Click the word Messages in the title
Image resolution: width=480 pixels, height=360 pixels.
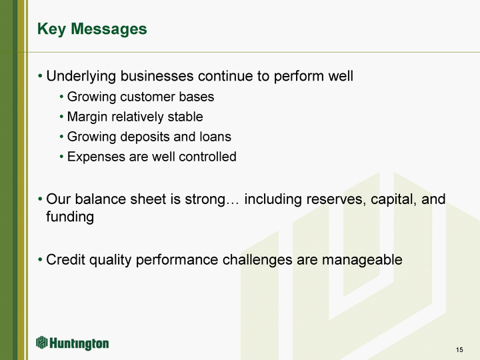point(109,29)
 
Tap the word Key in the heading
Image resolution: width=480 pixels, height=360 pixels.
point(51,30)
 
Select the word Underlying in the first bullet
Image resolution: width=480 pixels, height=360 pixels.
point(81,77)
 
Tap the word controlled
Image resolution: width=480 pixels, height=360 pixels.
point(207,157)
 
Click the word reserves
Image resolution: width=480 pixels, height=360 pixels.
point(336,199)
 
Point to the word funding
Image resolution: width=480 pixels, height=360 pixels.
point(70,217)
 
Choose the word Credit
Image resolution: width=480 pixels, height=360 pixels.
point(65,259)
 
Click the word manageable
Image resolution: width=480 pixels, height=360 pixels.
point(362,260)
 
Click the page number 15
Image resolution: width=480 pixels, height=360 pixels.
point(459,349)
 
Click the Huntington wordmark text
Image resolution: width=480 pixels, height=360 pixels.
point(79,344)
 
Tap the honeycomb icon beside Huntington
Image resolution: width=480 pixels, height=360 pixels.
point(41,343)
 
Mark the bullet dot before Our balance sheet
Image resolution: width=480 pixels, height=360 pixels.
point(40,199)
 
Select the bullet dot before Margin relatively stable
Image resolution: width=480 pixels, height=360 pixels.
point(61,117)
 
